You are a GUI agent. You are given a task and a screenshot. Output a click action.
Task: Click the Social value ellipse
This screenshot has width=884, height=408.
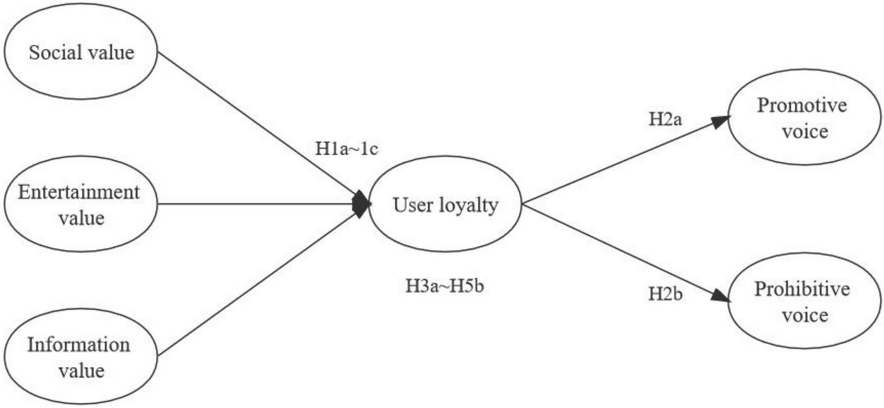pos(81,52)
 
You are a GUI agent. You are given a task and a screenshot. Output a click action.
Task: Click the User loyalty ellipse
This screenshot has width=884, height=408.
pos(445,204)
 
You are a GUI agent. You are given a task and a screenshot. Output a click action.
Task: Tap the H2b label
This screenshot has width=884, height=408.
pos(666,293)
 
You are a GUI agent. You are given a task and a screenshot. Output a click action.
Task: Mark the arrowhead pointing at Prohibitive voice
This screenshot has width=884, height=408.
pos(722,296)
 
